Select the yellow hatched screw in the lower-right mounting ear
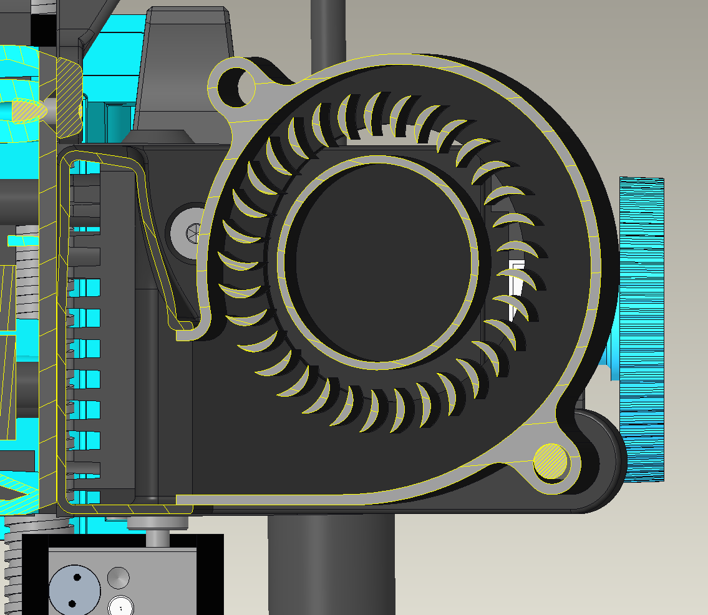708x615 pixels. pos(551,462)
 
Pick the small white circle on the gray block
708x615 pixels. pos(120,606)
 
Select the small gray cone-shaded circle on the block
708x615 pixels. pos(119,577)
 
